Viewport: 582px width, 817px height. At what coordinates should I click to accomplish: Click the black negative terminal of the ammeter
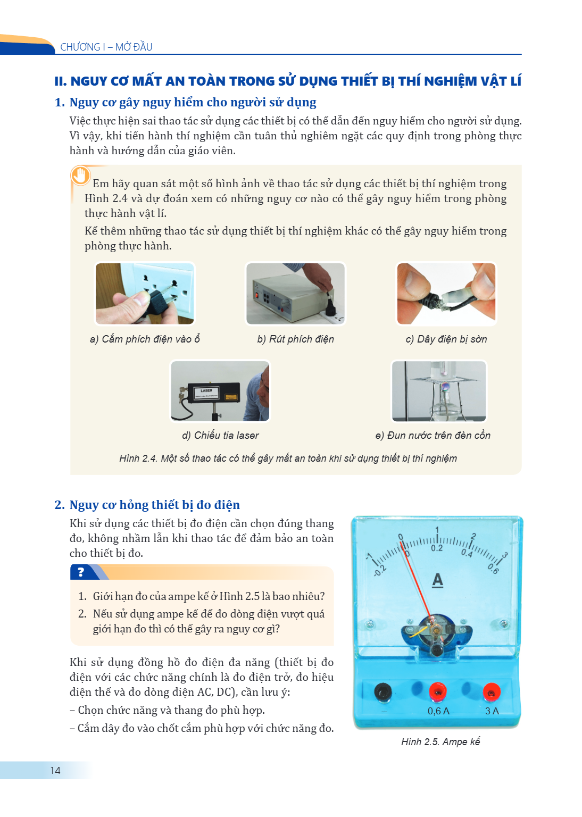(383, 691)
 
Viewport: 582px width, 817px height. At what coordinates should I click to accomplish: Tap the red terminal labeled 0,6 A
(437, 691)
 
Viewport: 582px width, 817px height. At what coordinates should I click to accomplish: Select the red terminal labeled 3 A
(492, 691)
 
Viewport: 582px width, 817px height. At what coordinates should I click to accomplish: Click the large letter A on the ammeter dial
(437, 580)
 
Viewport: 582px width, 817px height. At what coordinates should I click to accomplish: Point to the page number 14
(55, 770)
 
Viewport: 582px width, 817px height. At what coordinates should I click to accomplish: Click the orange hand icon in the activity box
(80, 176)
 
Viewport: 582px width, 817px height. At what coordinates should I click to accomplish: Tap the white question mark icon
(81, 572)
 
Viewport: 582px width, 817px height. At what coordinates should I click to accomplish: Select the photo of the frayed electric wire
(446, 294)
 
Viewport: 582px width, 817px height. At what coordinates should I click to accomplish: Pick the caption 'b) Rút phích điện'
(296, 339)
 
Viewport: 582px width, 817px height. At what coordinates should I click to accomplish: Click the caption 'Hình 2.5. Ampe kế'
(440, 741)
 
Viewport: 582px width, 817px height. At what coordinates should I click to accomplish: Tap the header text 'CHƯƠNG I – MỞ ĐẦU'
(106, 47)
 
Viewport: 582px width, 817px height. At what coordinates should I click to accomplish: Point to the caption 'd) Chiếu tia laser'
(220, 435)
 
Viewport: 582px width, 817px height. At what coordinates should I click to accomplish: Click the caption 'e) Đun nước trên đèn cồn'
(433, 435)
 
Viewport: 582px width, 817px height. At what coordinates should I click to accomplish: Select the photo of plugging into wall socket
(145, 294)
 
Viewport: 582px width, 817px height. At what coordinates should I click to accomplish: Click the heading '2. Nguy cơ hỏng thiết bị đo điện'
(147, 505)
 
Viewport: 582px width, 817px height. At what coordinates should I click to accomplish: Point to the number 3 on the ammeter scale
(505, 555)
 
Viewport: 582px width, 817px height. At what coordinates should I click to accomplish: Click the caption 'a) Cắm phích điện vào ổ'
(145, 339)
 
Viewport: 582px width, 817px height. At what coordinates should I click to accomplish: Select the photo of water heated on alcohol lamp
(439, 391)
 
